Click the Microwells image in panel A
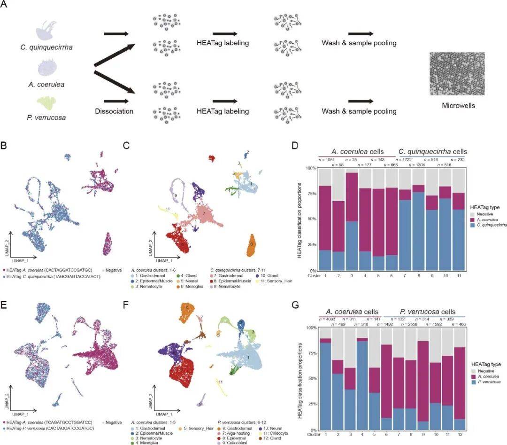point(457,74)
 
